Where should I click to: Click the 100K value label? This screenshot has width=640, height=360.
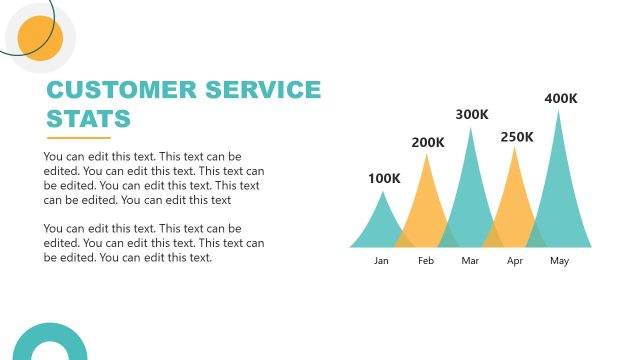[x=384, y=179]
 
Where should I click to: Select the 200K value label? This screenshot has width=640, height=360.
[x=428, y=143]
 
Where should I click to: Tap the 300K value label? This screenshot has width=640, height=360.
[x=472, y=115]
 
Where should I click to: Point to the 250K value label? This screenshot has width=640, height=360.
[x=517, y=137]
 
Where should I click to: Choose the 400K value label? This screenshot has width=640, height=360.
[x=560, y=98]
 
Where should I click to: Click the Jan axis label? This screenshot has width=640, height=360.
[x=381, y=261]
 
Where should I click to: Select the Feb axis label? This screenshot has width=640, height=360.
[x=426, y=261]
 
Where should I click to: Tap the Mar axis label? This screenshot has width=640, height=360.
[x=471, y=261]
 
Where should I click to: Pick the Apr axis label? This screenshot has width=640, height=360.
[x=515, y=261]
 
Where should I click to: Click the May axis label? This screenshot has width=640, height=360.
[x=559, y=261]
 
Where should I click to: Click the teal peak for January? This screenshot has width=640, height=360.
[x=381, y=225]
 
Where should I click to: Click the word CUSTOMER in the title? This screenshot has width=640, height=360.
[x=125, y=90]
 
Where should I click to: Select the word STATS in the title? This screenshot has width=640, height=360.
[x=89, y=119]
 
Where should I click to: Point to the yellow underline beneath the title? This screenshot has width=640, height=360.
[x=78, y=138]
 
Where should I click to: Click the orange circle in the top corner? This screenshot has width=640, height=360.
[x=40, y=38]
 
